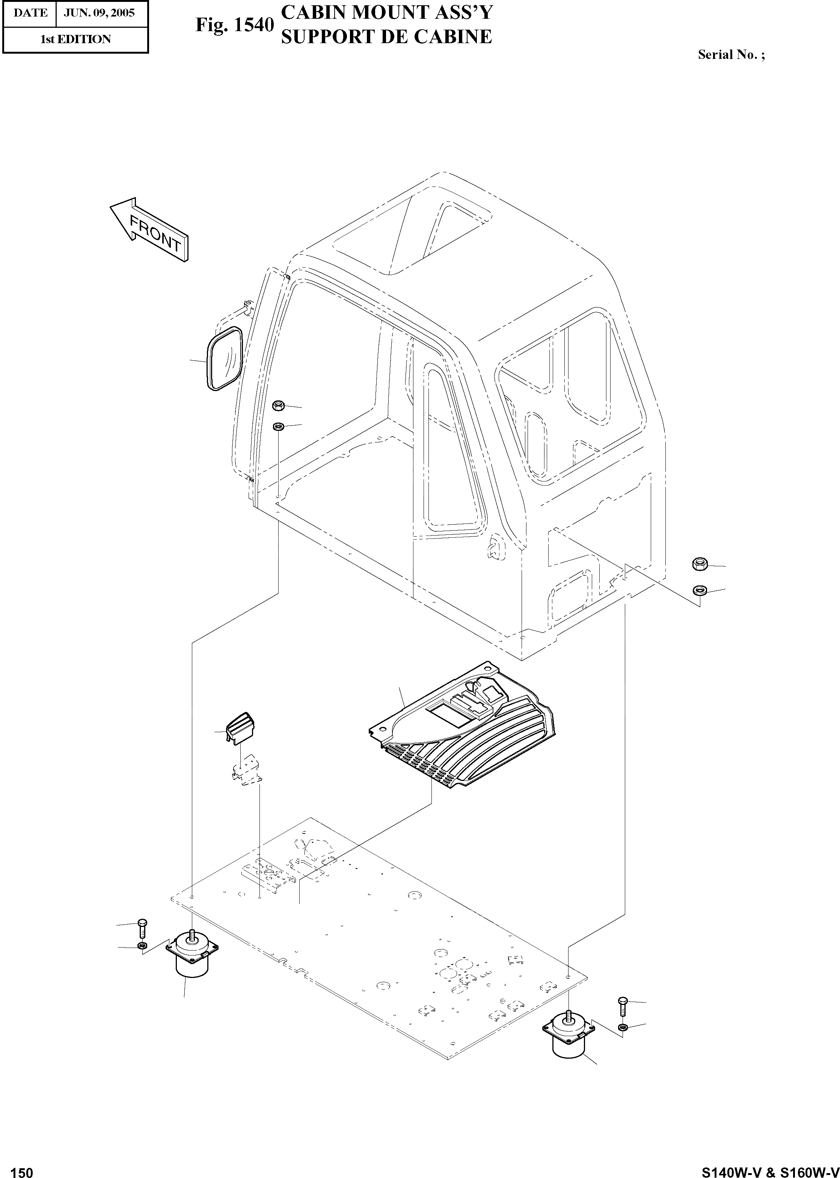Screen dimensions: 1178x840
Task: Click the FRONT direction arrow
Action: click(x=150, y=230)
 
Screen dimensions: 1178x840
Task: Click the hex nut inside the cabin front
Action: click(x=278, y=405)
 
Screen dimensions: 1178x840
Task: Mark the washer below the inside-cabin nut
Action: click(x=278, y=426)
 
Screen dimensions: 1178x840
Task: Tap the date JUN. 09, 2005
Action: click(x=99, y=13)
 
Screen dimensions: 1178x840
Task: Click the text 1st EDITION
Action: click(x=75, y=39)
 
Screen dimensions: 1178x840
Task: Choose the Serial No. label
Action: click(x=731, y=55)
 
